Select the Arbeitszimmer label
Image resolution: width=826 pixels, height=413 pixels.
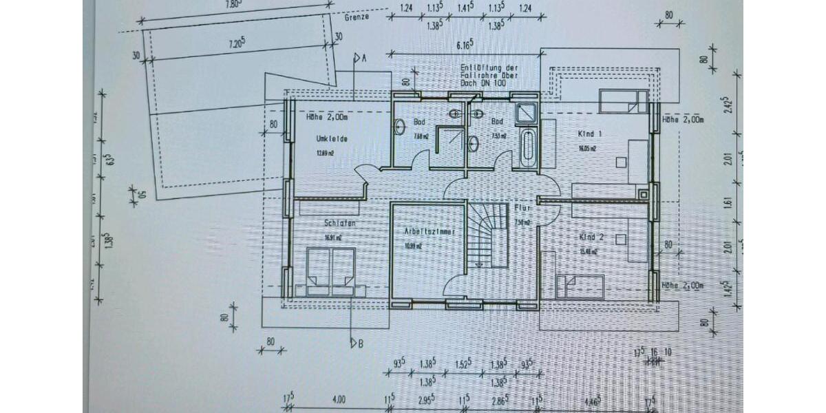pyautogui.click(x=430, y=233)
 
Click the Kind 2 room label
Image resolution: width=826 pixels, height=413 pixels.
pyautogui.click(x=592, y=237)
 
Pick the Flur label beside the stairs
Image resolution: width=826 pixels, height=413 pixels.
pyautogui.click(x=521, y=206)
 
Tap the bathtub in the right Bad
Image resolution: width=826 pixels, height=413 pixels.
pyautogui.click(x=528, y=146)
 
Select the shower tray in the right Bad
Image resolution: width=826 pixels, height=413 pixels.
pyautogui.click(x=526, y=112)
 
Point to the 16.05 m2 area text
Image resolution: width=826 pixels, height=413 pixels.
pyautogui.click(x=587, y=148)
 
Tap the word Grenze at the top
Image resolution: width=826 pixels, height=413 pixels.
pyautogui.click(x=358, y=17)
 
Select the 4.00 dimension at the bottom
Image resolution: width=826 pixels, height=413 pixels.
pyautogui.click(x=339, y=399)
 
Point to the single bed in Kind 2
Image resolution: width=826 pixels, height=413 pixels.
pyautogui.click(x=580, y=284)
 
